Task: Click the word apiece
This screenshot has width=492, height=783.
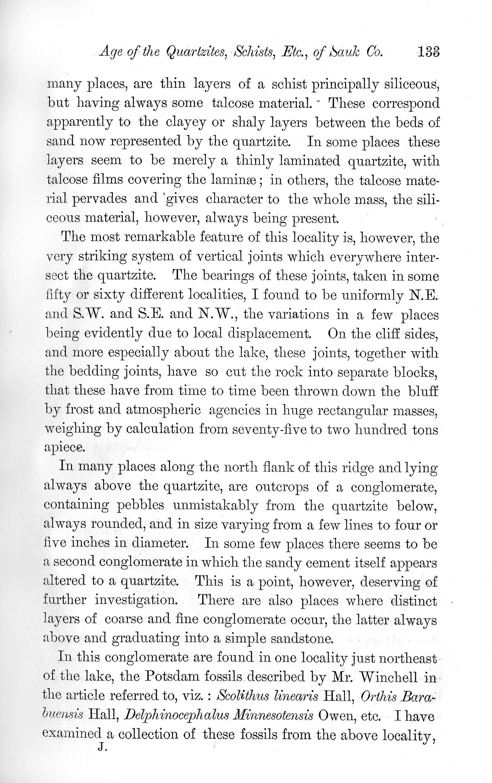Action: coord(65,448)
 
